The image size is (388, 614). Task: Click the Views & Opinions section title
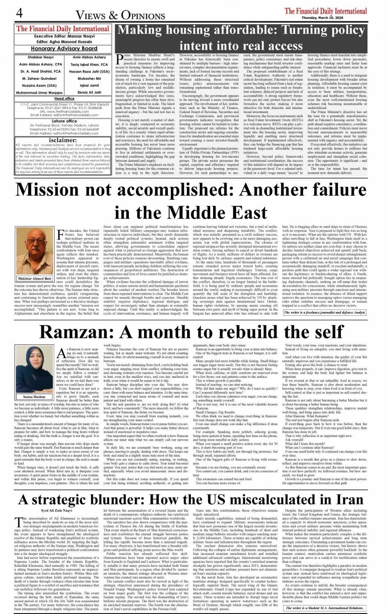(120, 15)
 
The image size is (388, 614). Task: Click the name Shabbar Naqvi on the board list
(40, 58)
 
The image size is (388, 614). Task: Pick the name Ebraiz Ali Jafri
(89, 92)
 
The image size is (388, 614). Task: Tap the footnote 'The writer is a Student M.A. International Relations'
(324, 608)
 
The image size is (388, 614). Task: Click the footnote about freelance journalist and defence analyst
(324, 312)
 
